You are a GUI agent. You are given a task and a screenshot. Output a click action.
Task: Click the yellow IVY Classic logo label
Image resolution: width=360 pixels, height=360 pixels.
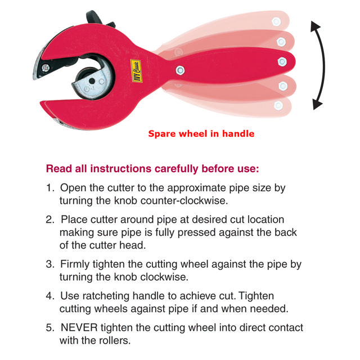tap(136, 71)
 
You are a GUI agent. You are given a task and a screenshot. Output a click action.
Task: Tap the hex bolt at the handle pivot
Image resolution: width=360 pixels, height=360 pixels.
tap(180, 70)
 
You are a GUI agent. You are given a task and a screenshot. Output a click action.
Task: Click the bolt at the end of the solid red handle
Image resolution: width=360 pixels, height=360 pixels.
tap(282, 62)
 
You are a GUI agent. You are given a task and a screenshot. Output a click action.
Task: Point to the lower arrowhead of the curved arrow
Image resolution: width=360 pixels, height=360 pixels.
tap(317, 105)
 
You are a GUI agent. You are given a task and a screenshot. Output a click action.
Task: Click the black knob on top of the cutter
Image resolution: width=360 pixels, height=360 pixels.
tap(94, 17)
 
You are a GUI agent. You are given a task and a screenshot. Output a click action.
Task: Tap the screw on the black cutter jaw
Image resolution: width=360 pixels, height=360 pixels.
tap(46, 67)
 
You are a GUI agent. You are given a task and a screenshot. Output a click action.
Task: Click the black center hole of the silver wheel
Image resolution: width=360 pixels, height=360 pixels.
tap(92, 81)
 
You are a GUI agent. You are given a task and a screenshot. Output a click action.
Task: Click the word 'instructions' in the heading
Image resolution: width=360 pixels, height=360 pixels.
tap(121, 169)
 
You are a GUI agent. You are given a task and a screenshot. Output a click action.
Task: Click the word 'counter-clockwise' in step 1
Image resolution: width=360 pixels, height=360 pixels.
tap(184, 201)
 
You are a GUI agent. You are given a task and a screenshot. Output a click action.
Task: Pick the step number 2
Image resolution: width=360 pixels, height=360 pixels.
tap(50, 219)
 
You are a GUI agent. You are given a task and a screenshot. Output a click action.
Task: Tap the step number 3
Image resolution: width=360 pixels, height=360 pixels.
tap(50, 264)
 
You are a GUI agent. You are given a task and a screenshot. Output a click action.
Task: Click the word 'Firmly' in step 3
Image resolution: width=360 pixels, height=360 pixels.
tap(75, 264)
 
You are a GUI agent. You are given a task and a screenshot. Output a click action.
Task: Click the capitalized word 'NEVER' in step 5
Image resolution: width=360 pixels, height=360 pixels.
tap(79, 327)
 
